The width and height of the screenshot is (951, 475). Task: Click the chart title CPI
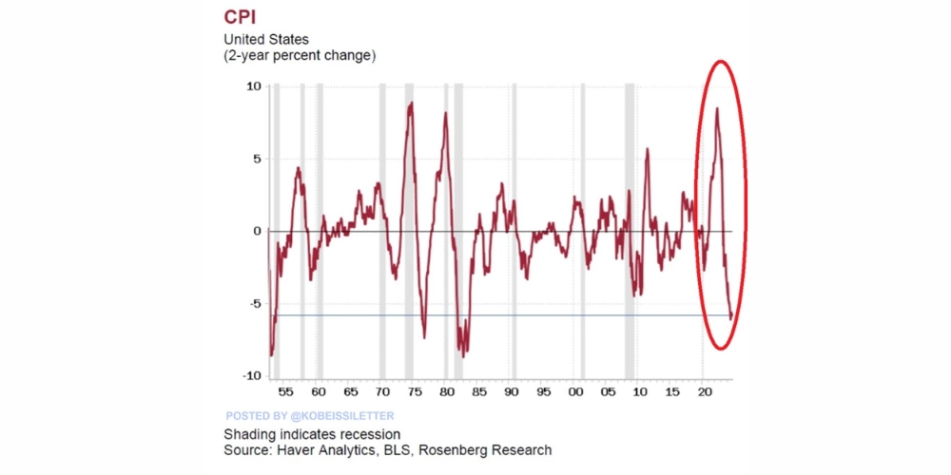(x=242, y=17)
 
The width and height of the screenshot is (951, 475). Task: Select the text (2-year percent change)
(x=300, y=55)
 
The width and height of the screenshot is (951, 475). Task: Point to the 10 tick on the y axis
(x=253, y=85)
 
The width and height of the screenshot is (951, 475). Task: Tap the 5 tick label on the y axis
(x=257, y=158)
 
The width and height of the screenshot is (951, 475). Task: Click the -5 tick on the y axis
(x=254, y=304)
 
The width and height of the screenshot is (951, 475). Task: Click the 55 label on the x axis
(x=285, y=391)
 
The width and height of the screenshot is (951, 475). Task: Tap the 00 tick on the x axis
(x=577, y=391)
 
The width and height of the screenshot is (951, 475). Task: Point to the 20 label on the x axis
(x=705, y=391)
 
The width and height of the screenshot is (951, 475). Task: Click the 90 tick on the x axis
(x=512, y=391)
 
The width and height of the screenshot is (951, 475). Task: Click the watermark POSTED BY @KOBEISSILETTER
(x=309, y=416)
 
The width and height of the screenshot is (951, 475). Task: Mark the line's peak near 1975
(x=411, y=103)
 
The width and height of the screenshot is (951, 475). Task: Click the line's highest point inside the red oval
(x=716, y=108)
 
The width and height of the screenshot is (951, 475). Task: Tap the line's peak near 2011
(x=648, y=149)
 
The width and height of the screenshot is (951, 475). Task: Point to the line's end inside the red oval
(x=730, y=319)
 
